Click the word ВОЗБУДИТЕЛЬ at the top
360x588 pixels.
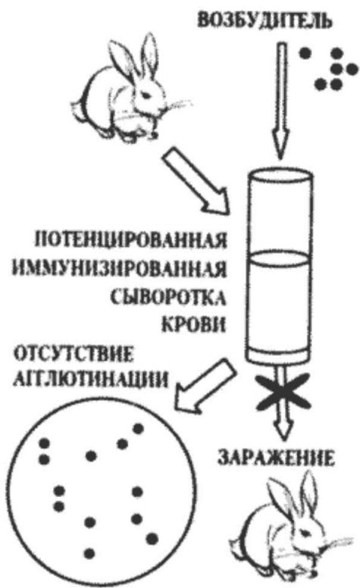click(265, 20)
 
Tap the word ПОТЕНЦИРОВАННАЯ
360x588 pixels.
click(131, 239)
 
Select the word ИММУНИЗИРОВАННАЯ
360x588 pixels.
click(120, 269)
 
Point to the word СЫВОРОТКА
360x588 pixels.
click(169, 298)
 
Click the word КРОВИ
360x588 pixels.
click(194, 325)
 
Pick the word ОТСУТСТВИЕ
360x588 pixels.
click(74, 355)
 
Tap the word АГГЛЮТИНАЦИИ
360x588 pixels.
click(90, 380)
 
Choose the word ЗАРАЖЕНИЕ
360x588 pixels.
click(276, 458)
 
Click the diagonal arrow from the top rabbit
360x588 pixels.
click(196, 181)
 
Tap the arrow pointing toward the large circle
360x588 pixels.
click(205, 384)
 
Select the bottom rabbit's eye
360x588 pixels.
click(311, 533)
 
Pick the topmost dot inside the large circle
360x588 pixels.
click(139, 428)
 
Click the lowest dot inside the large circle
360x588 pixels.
click(89, 553)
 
